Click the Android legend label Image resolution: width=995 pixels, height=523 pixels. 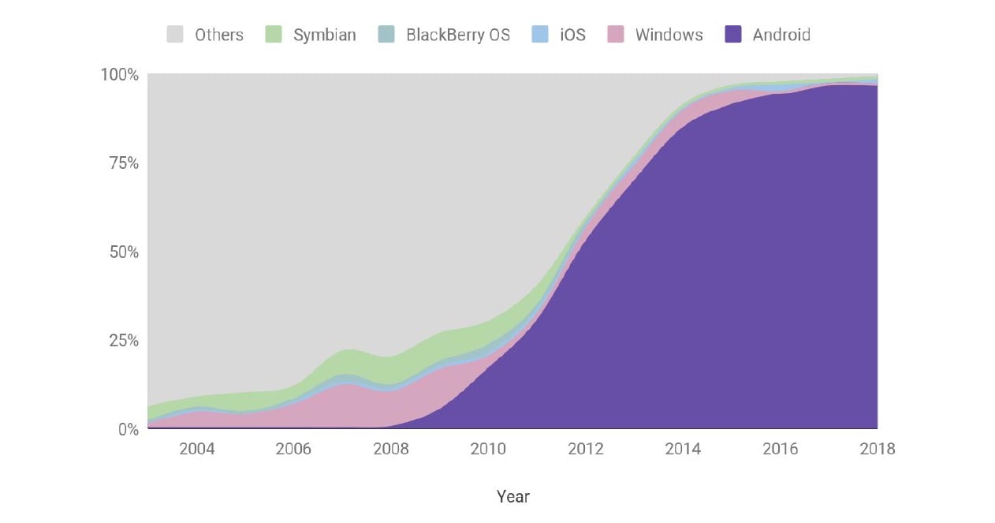(781, 35)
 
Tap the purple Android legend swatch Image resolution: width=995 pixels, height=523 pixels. (734, 35)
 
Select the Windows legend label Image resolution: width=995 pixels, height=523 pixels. (669, 35)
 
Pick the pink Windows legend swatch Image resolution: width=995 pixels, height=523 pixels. (617, 35)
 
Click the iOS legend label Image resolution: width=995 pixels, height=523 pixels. (572, 35)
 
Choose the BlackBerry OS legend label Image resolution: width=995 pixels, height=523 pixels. (458, 35)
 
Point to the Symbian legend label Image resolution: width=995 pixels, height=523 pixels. (324, 35)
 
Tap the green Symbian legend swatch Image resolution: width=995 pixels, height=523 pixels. (274, 35)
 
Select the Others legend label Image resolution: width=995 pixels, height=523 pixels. (219, 35)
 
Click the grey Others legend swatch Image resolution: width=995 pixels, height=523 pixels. (175, 35)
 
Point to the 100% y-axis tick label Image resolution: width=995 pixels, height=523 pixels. (119, 75)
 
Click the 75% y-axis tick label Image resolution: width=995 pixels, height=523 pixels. (123, 163)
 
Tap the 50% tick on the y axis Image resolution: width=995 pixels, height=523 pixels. (123, 252)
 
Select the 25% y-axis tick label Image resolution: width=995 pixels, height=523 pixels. (123, 341)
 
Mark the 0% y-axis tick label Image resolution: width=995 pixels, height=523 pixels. (127, 430)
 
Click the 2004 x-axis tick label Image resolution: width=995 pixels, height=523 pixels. (196, 449)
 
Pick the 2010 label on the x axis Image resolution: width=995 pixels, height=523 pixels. (488, 449)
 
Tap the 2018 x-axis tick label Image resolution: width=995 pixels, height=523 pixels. (877, 449)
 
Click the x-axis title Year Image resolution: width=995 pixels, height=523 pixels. (513, 497)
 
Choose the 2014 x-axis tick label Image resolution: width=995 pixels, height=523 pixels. (683, 449)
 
